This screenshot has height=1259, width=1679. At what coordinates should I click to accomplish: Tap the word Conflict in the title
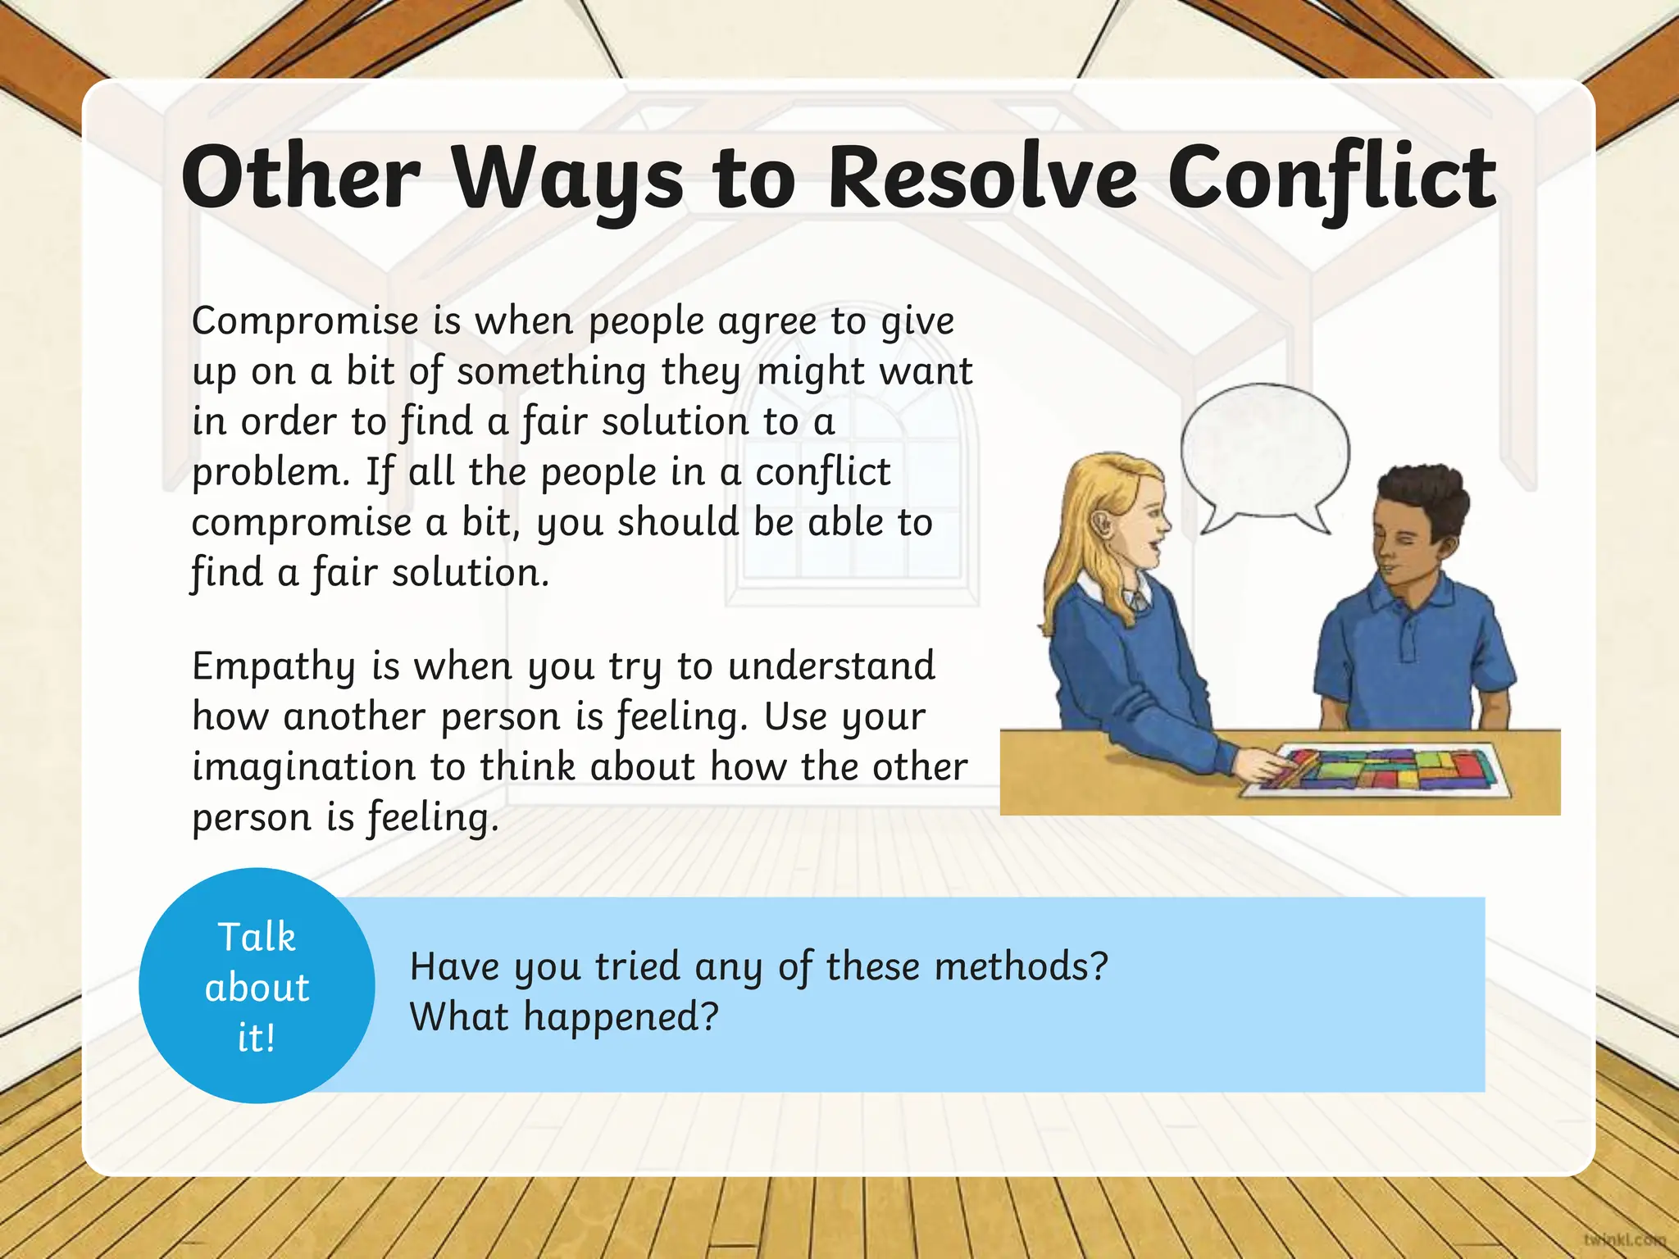pyautogui.click(x=1332, y=179)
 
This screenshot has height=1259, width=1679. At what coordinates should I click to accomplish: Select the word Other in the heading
pyautogui.click(x=301, y=179)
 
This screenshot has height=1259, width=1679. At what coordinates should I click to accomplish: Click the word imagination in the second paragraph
pyautogui.click(x=304, y=768)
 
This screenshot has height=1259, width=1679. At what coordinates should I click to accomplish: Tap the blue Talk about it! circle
pyautogui.click(x=257, y=986)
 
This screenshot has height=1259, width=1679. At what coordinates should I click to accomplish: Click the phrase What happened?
pyautogui.click(x=564, y=1017)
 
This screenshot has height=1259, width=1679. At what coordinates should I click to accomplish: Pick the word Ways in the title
pyautogui.click(x=567, y=179)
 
